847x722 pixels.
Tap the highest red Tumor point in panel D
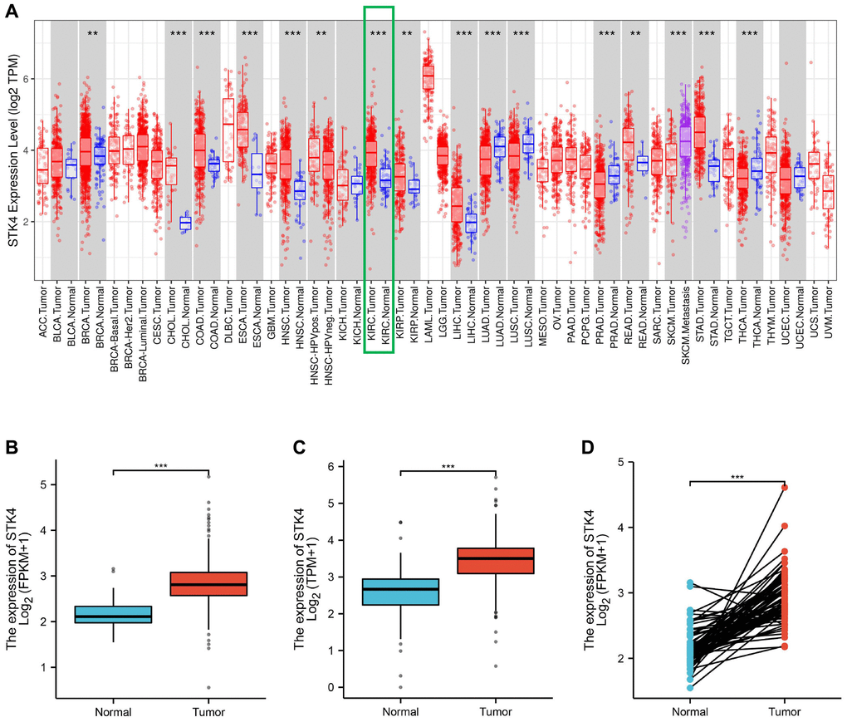tap(783, 488)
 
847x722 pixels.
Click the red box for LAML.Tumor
tap(428, 77)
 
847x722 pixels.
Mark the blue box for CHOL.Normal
tap(185, 223)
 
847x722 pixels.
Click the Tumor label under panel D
tap(783, 711)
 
